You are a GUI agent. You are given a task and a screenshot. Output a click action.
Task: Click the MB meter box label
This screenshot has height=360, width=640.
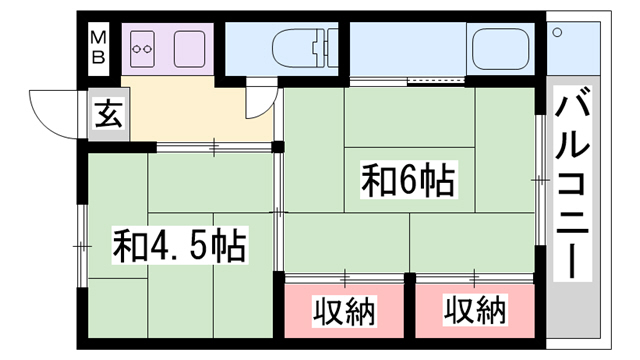click(x=99, y=47)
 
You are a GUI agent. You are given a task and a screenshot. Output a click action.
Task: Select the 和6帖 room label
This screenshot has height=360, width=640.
click(x=409, y=181)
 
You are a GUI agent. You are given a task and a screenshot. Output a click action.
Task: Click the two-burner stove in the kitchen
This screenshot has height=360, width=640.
click(x=143, y=46)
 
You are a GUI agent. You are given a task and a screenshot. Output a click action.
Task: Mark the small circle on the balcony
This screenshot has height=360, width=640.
click(x=556, y=32)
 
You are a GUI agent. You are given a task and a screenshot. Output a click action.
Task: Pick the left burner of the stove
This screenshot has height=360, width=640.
click(x=138, y=46)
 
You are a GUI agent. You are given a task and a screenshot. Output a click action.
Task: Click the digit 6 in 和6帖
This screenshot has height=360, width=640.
click(x=409, y=181)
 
